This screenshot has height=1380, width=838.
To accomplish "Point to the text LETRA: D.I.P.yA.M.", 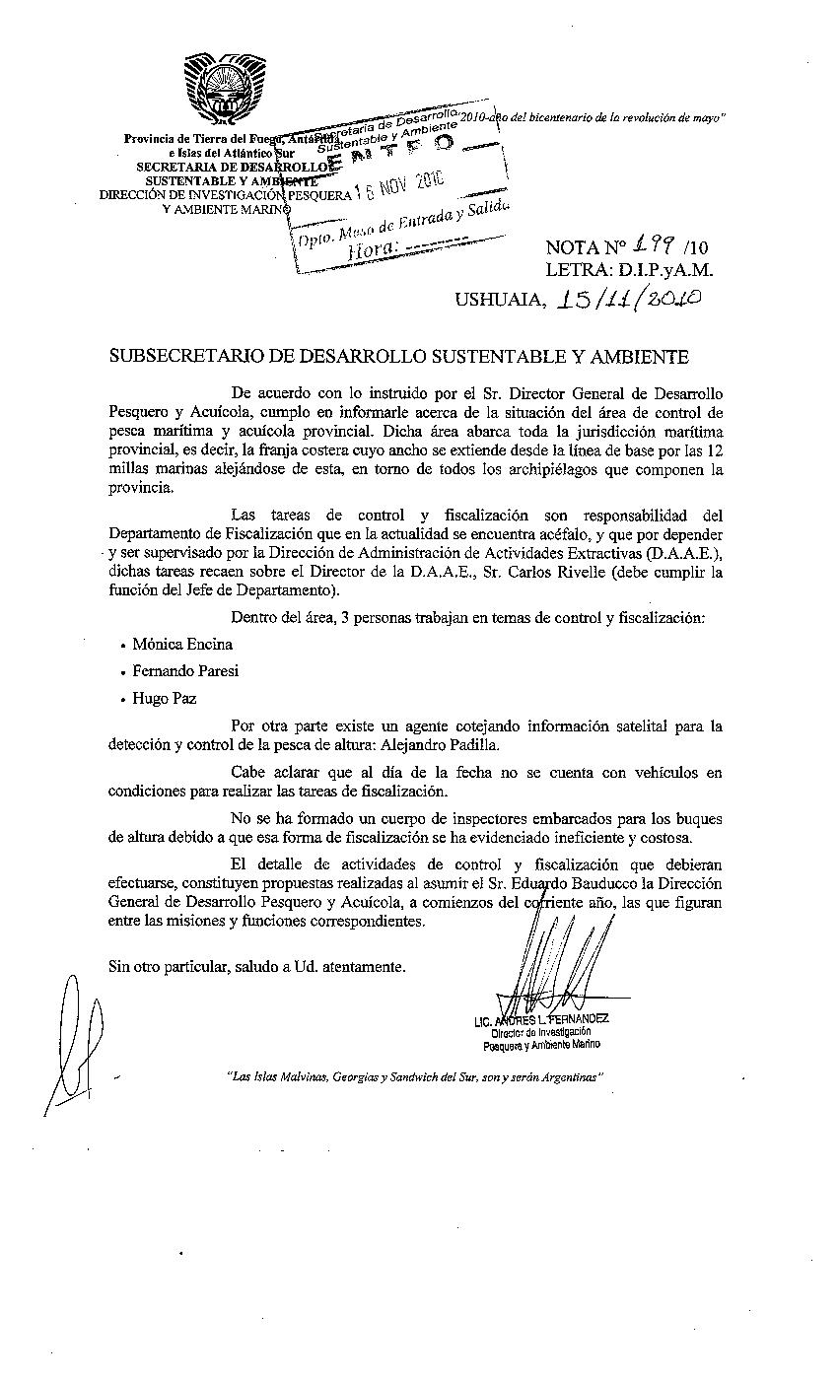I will (x=629, y=269).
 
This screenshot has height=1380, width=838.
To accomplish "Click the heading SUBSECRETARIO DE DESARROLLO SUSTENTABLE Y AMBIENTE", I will (x=398, y=356).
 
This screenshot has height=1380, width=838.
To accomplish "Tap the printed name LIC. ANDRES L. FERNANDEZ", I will (x=541, y=1020).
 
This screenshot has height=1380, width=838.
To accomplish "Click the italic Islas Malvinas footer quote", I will (x=414, y=1077).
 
